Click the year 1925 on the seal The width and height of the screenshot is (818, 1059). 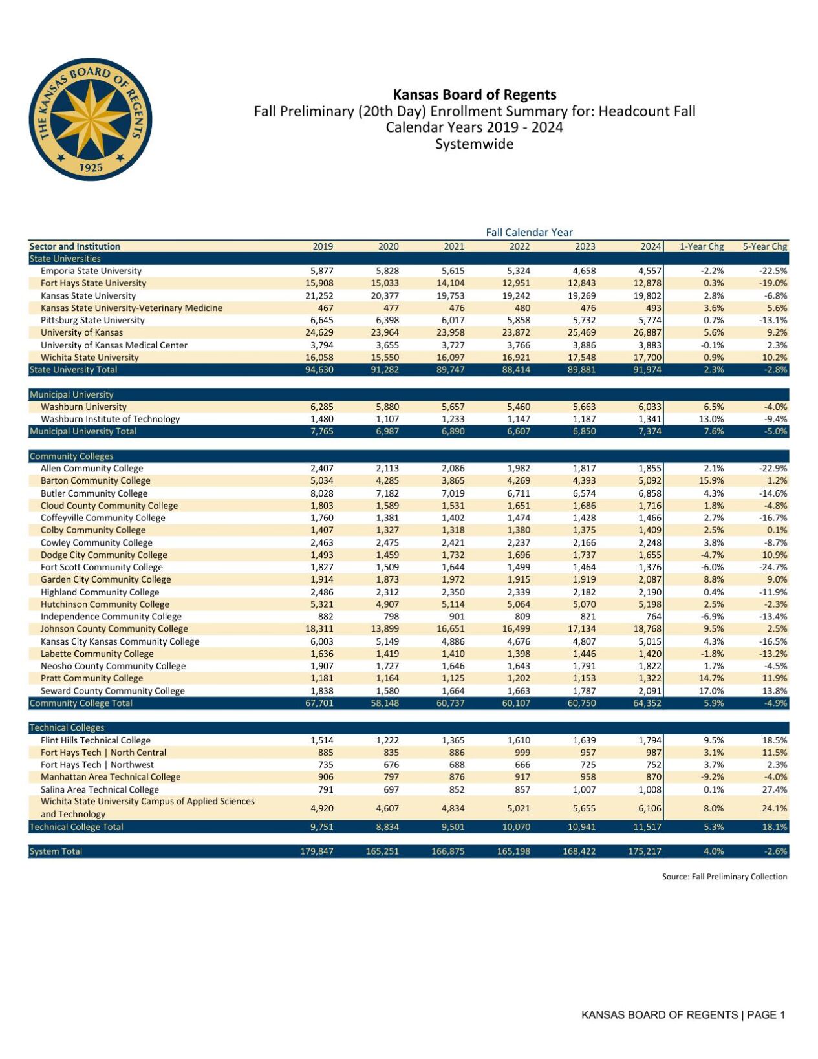coord(91,167)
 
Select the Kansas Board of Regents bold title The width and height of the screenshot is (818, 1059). coord(474,94)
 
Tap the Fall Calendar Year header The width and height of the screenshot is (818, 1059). coord(529,232)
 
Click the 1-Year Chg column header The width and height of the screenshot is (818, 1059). coord(702,246)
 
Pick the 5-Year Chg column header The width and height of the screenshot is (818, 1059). coord(765,246)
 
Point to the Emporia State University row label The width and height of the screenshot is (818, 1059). coord(91,271)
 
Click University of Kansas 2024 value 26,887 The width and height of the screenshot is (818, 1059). coord(647,332)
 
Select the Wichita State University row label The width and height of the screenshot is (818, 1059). coord(89,358)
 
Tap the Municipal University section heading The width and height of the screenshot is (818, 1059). coord(71,394)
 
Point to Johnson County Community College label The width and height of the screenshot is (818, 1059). coord(114,628)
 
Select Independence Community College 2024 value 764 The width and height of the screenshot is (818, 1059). coord(654,616)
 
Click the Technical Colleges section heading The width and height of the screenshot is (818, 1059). coord(67,727)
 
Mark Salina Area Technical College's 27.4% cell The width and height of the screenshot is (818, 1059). coord(775,789)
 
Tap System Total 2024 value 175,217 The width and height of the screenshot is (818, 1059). coord(645,851)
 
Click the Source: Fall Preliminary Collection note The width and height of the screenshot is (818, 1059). coord(724,877)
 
